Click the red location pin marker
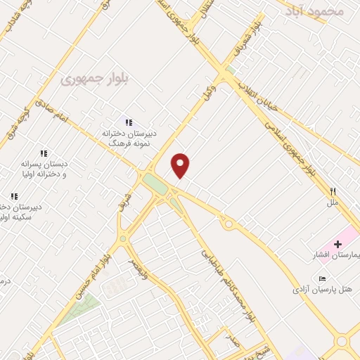181,165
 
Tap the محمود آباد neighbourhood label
319,11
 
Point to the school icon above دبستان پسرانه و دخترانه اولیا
44,153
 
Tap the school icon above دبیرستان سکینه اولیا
13,197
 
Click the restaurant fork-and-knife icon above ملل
333,191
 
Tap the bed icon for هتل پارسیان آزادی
322,278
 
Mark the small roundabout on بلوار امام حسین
123,239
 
